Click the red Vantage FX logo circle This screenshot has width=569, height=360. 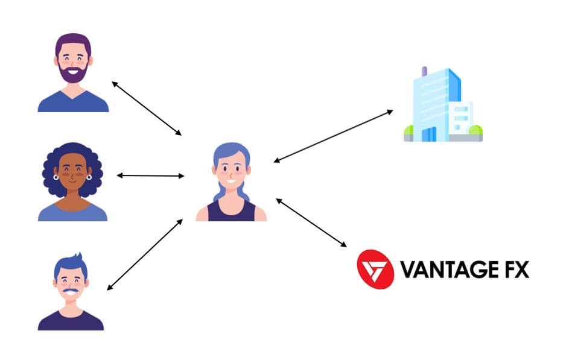(x=375, y=268)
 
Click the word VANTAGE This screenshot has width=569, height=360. (x=447, y=269)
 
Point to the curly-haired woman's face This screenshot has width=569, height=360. (x=72, y=174)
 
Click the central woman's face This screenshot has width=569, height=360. (x=231, y=172)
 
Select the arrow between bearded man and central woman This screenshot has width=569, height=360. (x=146, y=108)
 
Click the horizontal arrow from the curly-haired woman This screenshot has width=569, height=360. (x=150, y=175)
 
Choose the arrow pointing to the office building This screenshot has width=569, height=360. (x=332, y=136)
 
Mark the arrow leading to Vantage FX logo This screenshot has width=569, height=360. (x=311, y=223)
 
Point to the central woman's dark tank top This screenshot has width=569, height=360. (x=231, y=212)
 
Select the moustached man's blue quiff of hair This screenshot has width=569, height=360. (x=72, y=263)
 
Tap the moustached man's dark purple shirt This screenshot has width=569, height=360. (x=71, y=320)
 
